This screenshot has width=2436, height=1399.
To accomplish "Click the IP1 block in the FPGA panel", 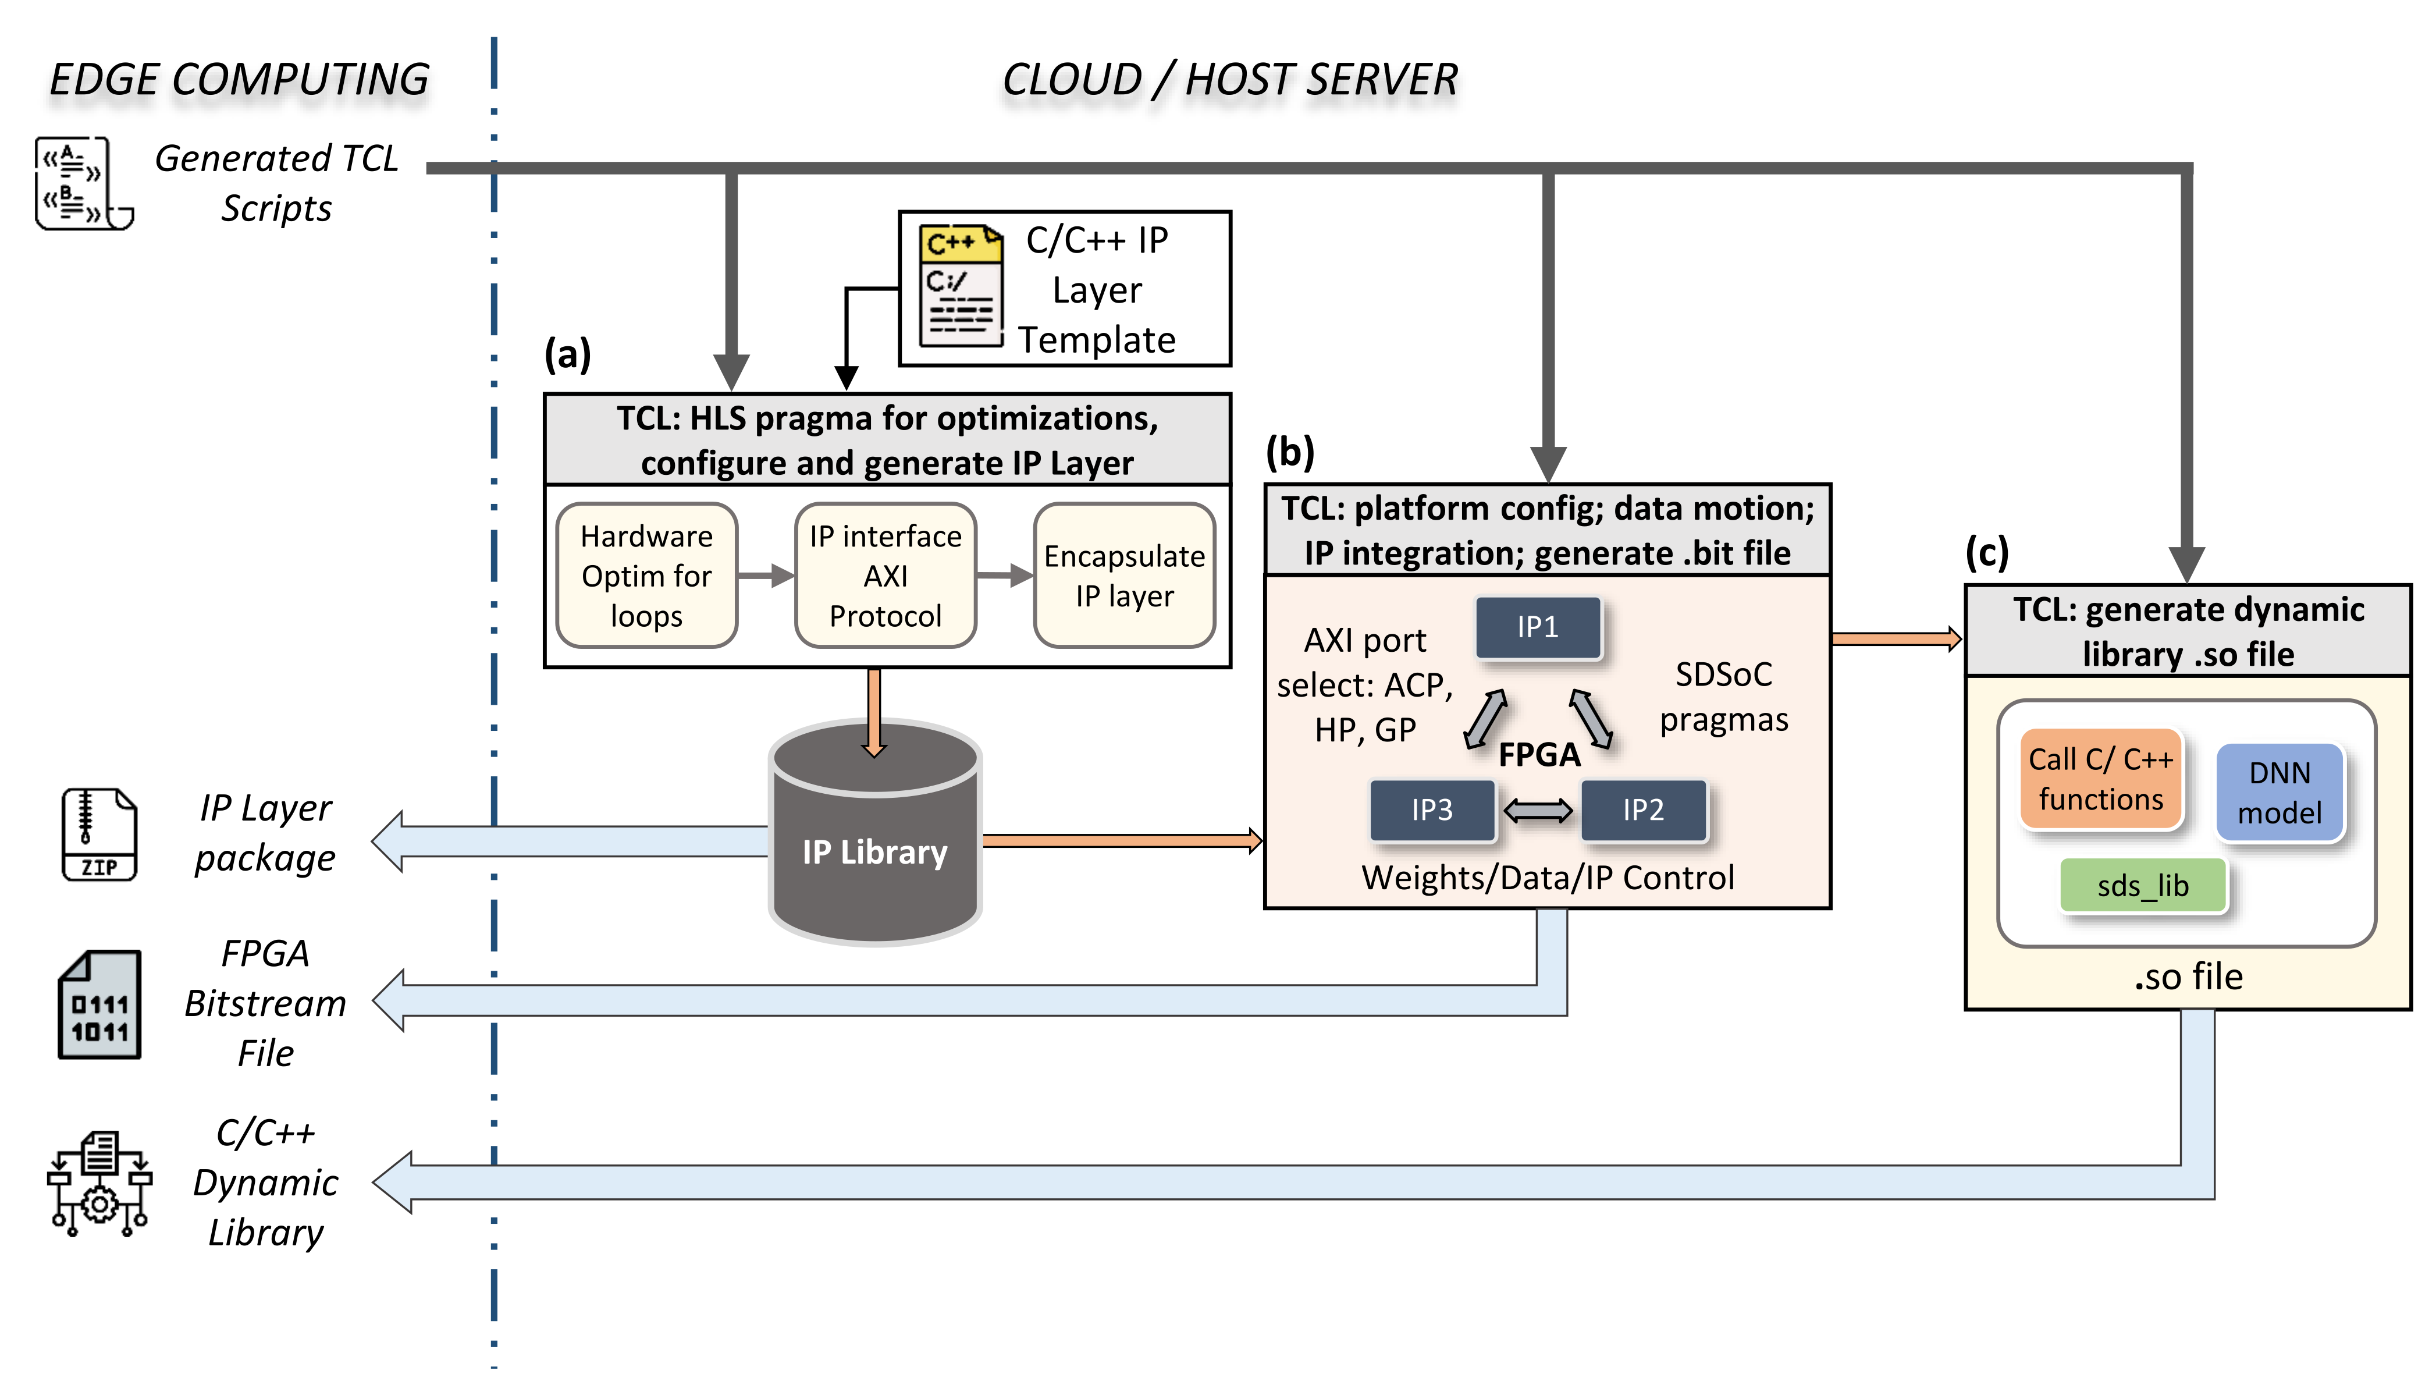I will point(1538,627).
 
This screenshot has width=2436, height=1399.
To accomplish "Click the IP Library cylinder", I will point(875,833).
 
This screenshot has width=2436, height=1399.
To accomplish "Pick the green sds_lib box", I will point(2142,885).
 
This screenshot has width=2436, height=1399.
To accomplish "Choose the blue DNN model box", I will point(2279,793).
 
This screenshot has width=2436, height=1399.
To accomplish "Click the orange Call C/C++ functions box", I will point(2101,779).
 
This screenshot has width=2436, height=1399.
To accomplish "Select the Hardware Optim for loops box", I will point(646,576).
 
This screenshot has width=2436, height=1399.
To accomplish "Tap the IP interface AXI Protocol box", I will point(885,576).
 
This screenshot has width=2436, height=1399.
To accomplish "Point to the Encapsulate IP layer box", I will point(1124,576).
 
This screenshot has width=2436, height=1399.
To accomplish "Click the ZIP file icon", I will point(99,834).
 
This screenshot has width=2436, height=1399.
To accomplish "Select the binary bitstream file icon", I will point(99,1005).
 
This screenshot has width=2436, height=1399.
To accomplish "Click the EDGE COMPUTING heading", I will point(239,79).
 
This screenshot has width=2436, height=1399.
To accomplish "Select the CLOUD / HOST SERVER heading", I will point(1229,79).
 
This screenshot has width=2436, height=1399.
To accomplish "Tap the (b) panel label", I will point(1289,452).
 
